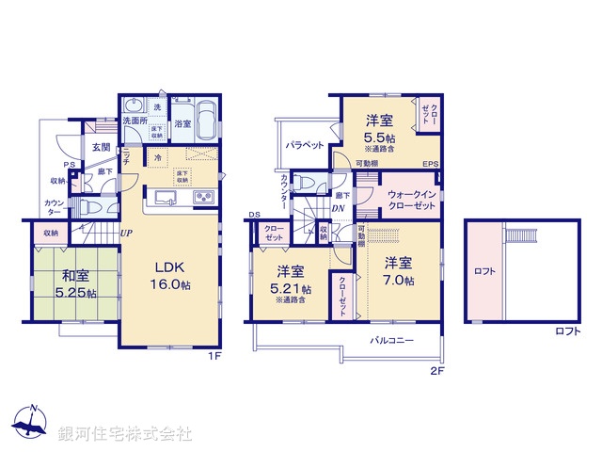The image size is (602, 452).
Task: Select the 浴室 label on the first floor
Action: (182, 123)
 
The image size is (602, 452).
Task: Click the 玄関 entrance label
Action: (102, 148)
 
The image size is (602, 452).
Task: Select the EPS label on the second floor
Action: (431, 166)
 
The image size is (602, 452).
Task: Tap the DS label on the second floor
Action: (254, 216)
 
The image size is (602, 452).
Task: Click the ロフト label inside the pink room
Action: (485, 271)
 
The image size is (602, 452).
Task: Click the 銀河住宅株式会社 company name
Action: (125, 433)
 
